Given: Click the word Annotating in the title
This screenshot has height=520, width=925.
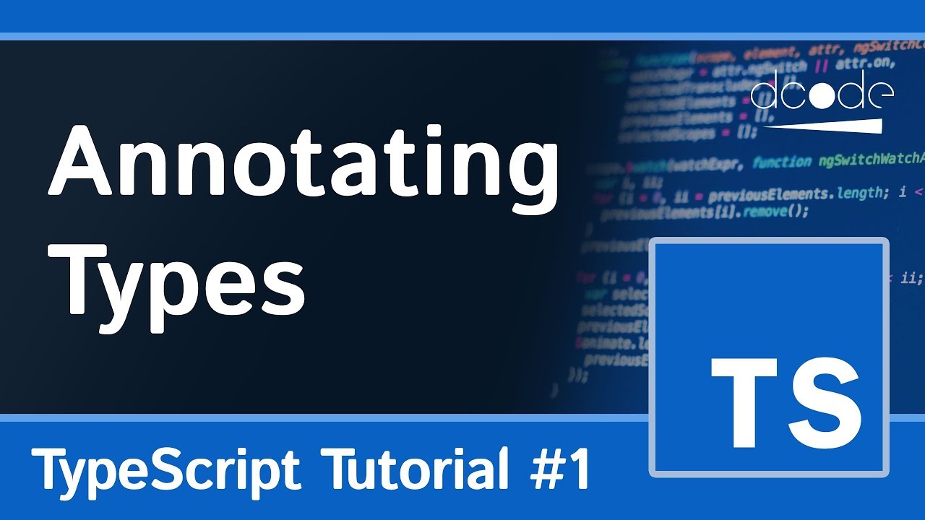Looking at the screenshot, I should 303,166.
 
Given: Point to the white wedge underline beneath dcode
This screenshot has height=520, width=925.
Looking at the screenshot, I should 831,123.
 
